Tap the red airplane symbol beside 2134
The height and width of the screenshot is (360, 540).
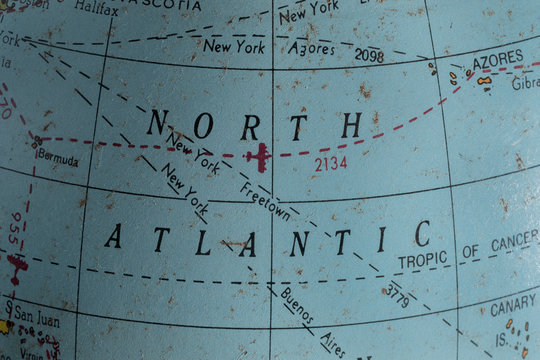coord(260,156)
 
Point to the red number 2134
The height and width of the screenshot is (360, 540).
coord(330,162)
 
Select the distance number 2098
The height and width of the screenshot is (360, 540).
coord(369,56)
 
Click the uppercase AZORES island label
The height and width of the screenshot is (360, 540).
coord(497,60)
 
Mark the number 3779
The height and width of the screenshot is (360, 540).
coord(396,295)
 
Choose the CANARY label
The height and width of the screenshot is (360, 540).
coord(513,307)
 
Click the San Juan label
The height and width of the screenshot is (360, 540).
coord(37,321)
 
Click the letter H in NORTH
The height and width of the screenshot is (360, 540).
coord(350,126)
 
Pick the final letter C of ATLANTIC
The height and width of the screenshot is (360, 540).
coord(422,234)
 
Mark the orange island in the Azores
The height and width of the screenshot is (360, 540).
coord(484,80)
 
